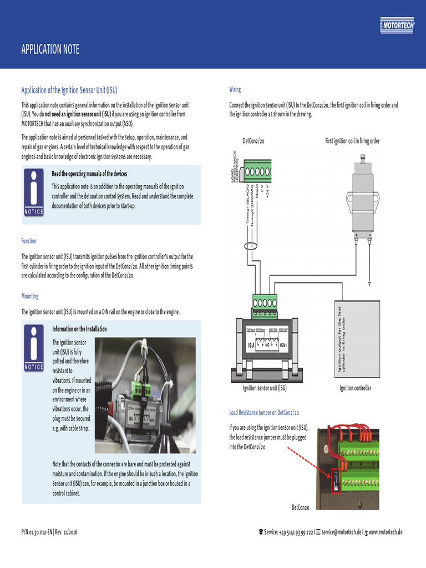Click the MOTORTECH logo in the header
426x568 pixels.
click(399, 24)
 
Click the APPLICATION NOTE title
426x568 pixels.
click(50, 50)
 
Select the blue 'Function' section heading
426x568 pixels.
click(29, 241)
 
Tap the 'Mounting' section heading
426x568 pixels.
click(30, 296)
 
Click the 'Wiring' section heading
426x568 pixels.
click(235, 89)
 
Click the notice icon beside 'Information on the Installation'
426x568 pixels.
click(33, 348)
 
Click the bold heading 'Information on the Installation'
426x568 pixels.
click(79, 329)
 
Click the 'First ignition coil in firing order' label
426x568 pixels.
click(352, 141)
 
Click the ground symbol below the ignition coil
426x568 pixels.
click(370, 284)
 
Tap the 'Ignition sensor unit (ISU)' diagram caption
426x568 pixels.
click(265, 388)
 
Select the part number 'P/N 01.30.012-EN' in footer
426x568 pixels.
click(37, 532)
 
